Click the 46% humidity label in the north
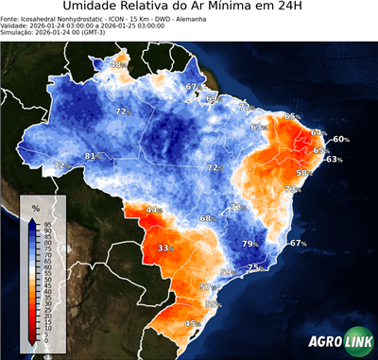[x=117, y=64]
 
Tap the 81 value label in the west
[x=92, y=156]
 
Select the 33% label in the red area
[x=166, y=248]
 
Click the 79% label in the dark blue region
[x=250, y=244]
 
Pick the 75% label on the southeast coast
[x=253, y=268]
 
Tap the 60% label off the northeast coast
[x=340, y=139]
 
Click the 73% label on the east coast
[x=293, y=189]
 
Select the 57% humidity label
[x=207, y=286]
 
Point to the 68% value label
[x=207, y=218]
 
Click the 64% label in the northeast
[x=318, y=132]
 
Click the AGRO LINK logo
[x=338, y=343]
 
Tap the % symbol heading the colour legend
[x=35, y=207]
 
